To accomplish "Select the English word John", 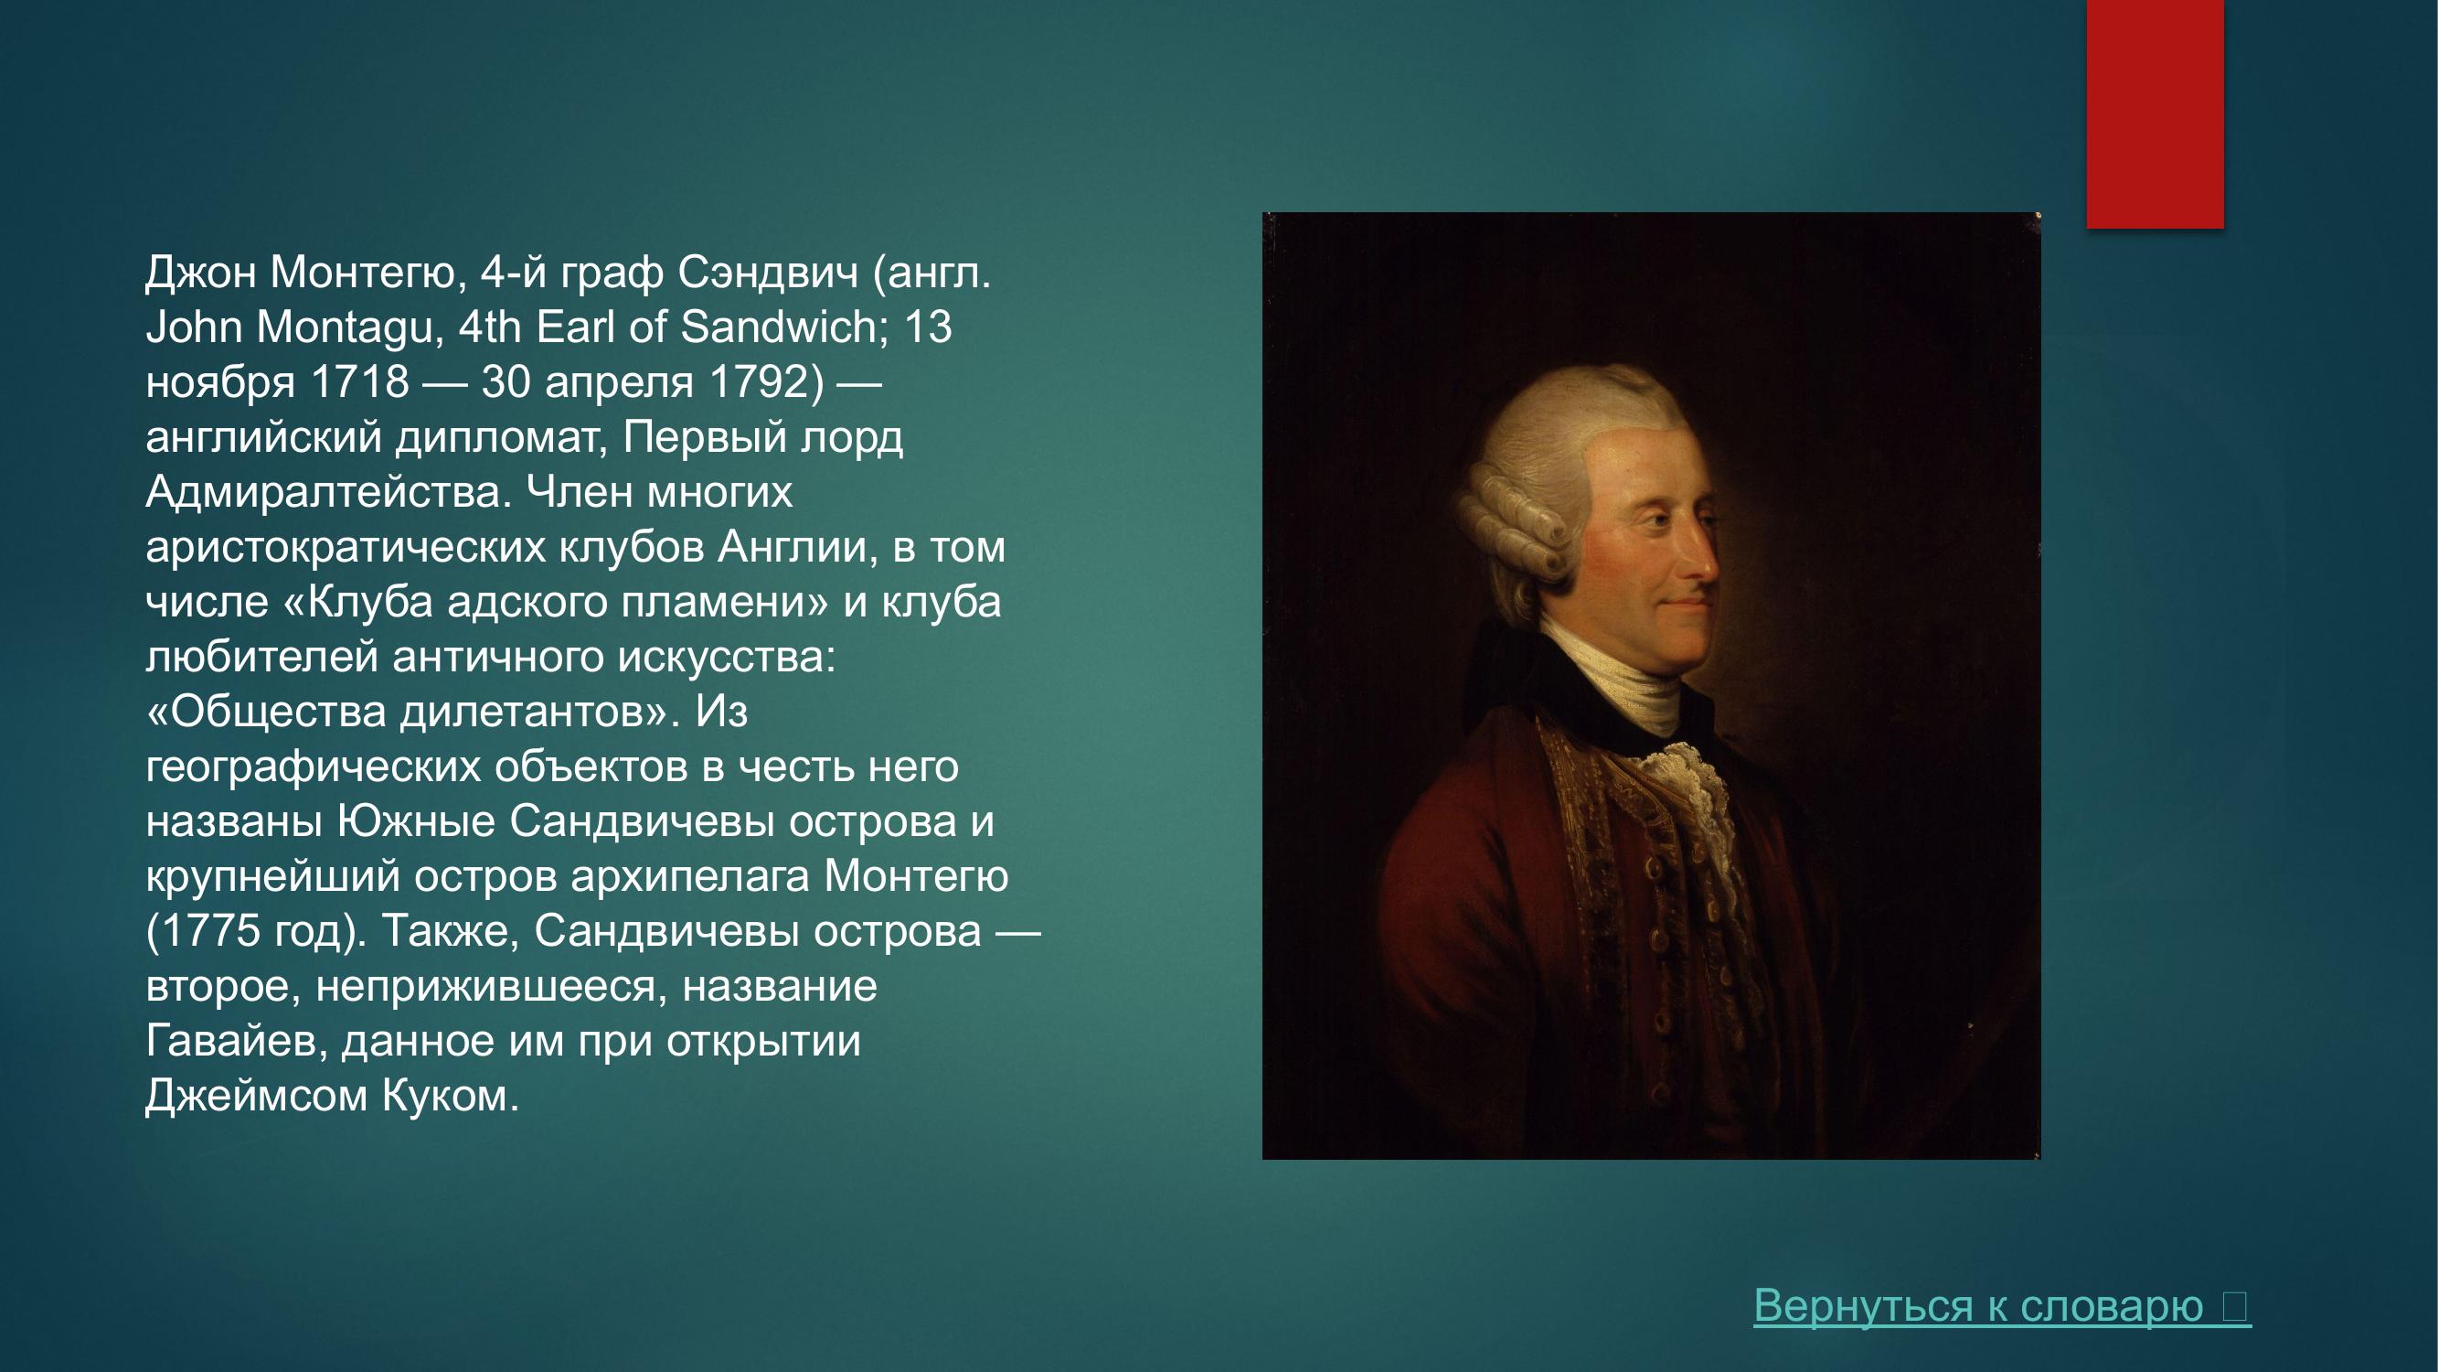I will [193, 327].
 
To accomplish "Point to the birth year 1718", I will [359, 382].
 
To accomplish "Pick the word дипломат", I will [501, 438].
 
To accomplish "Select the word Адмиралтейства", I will [328, 492].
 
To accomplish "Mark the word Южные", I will [417, 822].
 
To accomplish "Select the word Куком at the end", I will [450, 1097].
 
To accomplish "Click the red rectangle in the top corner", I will [2155, 113].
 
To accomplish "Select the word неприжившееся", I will [485, 987].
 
